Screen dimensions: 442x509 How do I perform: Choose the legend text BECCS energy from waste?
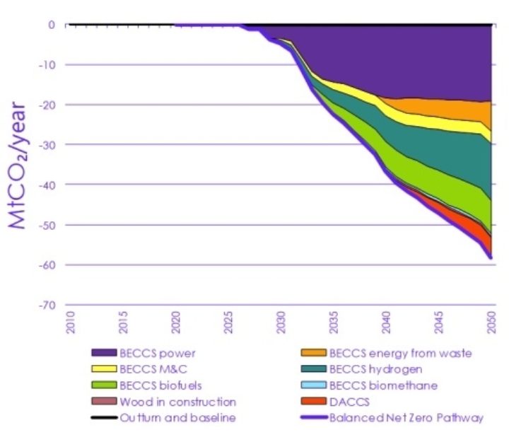pyautogui.click(x=401, y=353)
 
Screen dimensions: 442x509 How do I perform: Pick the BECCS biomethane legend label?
pyautogui.click(x=384, y=385)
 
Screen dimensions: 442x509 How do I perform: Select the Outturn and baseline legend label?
pyautogui.click(x=177, y=418)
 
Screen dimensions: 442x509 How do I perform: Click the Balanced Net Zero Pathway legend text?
pyautogui.click(x=406, y=418)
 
